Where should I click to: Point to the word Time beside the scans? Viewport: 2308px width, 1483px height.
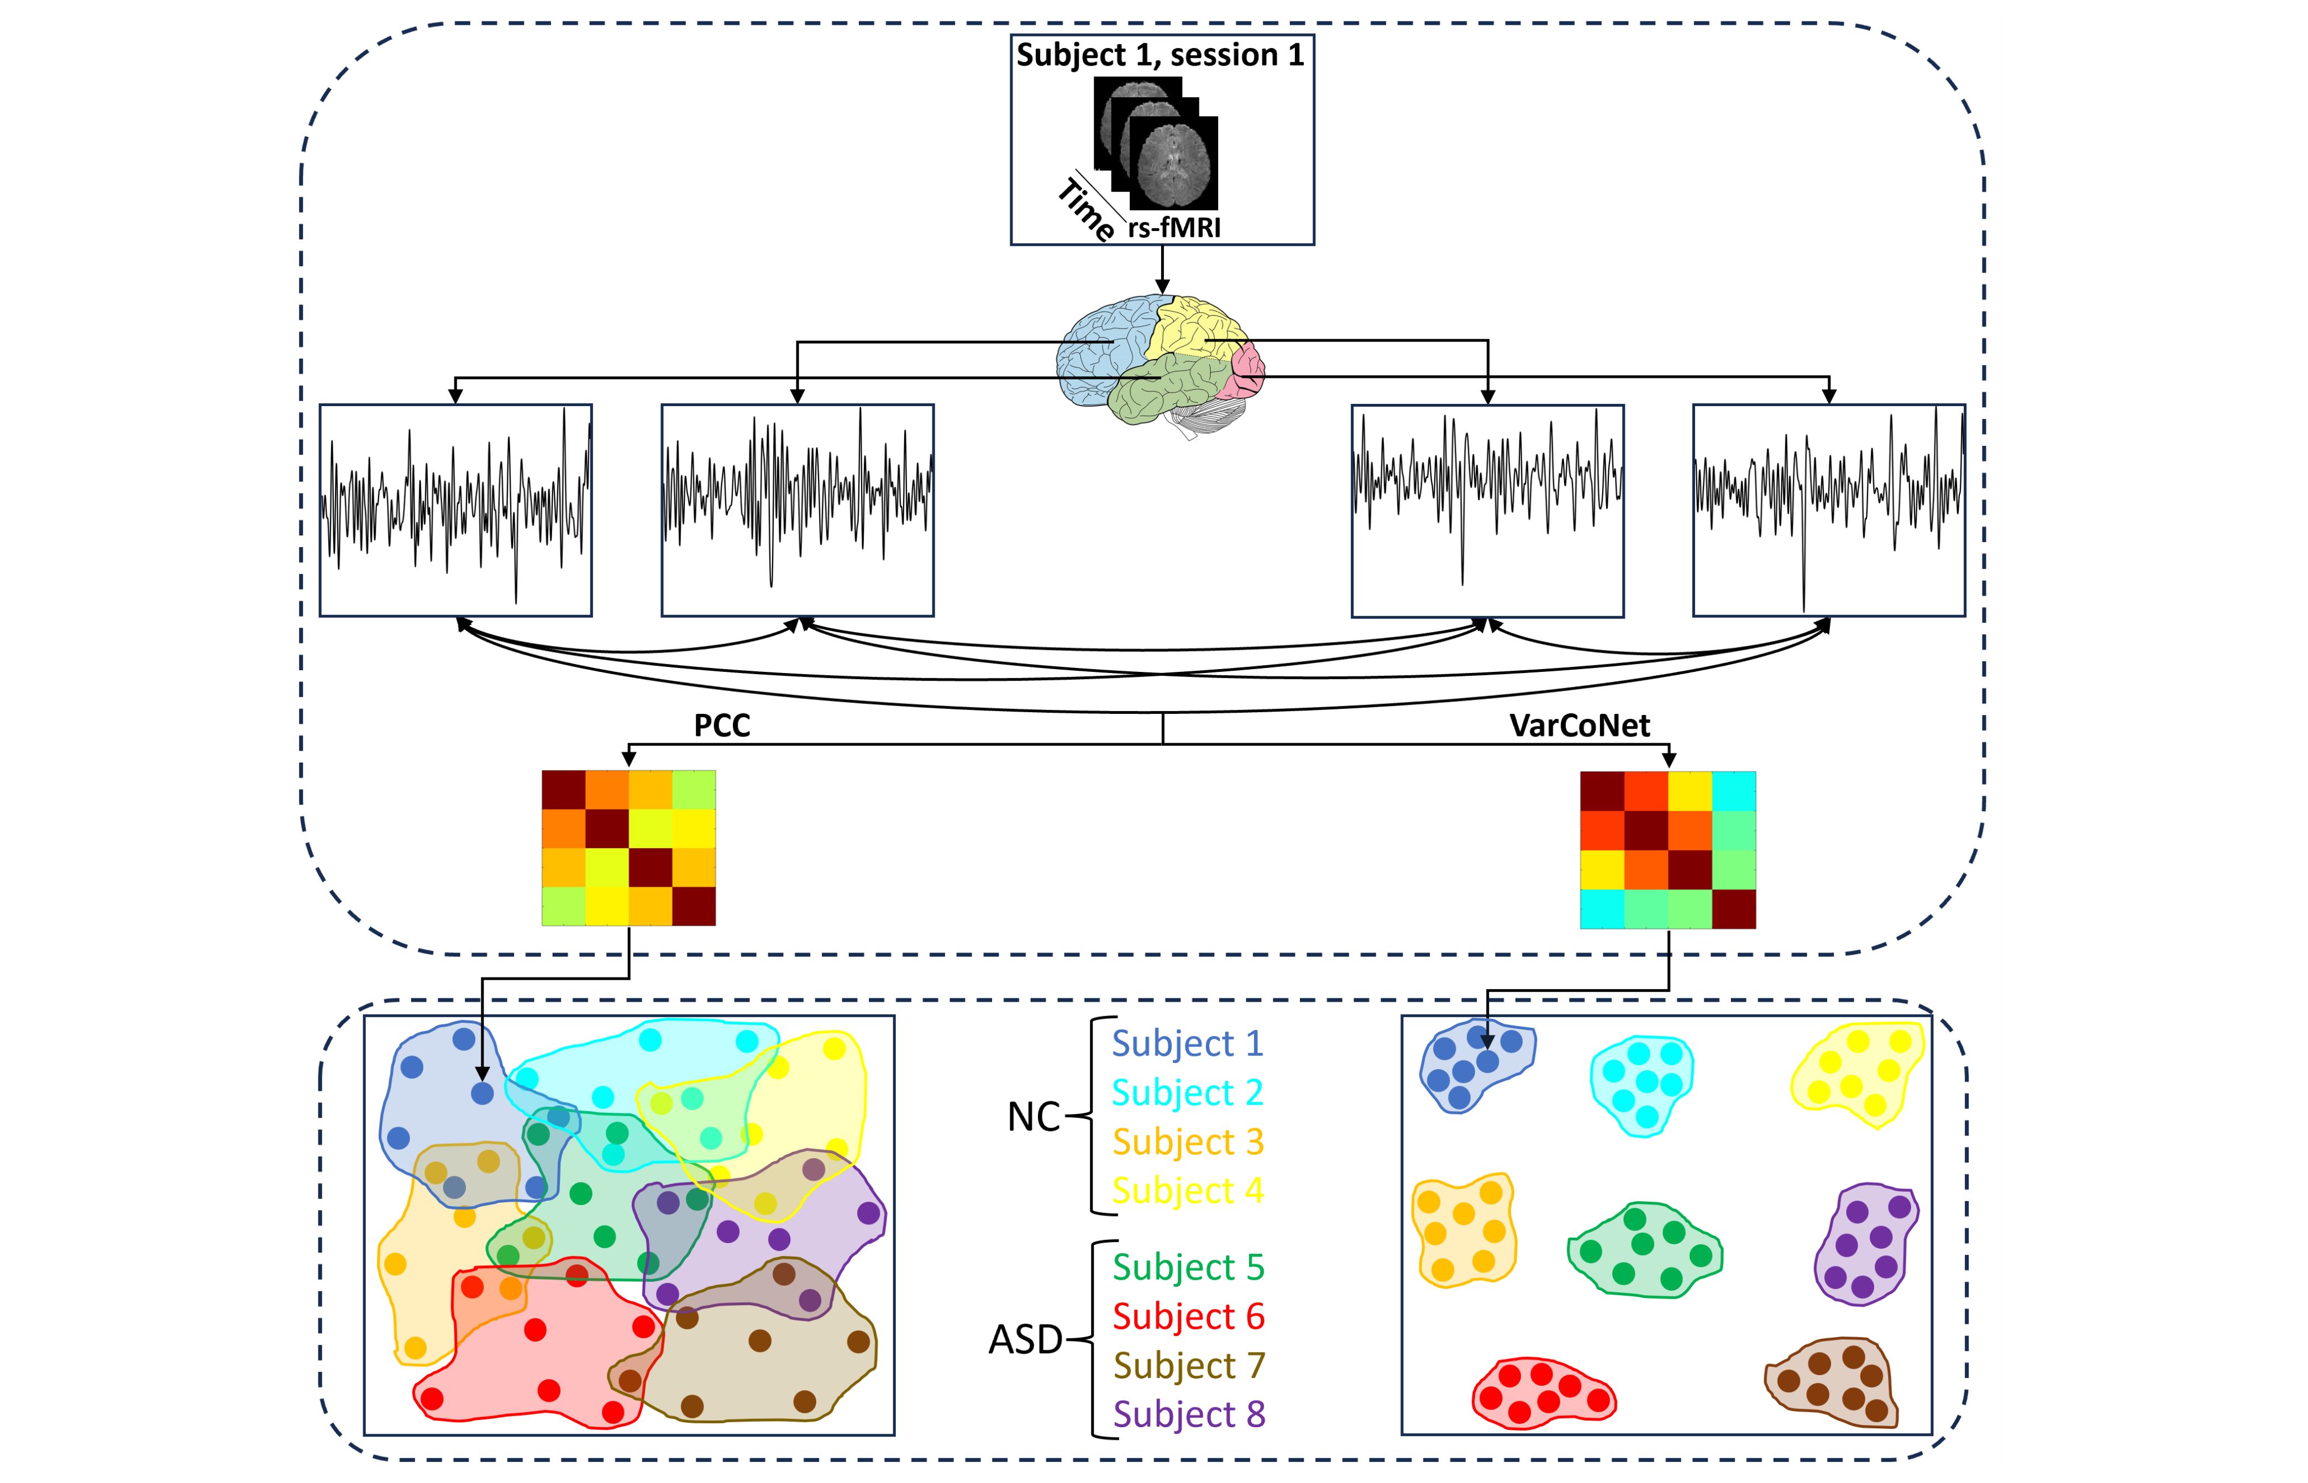[x=1085, y=208]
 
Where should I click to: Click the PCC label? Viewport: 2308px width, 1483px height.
[x=721, y=725]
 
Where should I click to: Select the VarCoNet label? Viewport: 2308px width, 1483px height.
[x=1579, y=725]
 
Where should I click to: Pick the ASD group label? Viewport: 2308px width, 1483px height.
[x=1025, y=1339]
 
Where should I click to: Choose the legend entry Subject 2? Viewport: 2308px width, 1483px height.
[x=1187, y=1092]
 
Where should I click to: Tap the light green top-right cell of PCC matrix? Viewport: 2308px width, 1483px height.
[x=694, y=790]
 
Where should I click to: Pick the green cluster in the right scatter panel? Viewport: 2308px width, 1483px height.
[x=1643, y=1250]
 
